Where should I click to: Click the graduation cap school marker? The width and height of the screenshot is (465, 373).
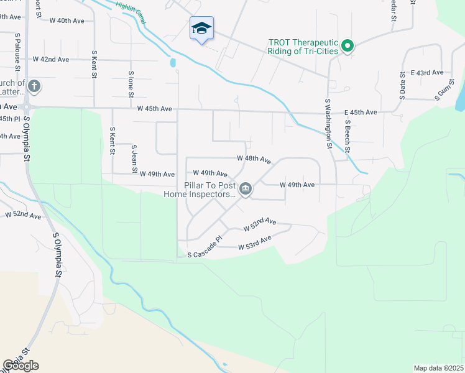coord(201,28)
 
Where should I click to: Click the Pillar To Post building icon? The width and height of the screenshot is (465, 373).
coord(246,189)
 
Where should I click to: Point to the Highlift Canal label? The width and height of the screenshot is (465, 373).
coord(131,12)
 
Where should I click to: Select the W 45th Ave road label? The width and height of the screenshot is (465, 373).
coord(155,109)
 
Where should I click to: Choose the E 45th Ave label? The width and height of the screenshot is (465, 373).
coord(361,113)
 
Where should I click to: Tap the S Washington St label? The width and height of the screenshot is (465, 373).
coord(328,123)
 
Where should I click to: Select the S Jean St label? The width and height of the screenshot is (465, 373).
coord(134,159)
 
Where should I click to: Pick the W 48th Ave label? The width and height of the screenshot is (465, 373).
coord(254,159)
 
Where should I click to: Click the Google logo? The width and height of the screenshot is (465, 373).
coord(21,366)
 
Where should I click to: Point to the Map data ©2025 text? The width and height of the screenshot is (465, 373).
coord(438,368)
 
